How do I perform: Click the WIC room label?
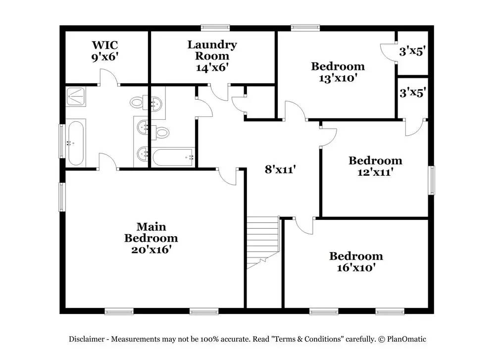point(105,45)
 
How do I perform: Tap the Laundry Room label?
point(212,50)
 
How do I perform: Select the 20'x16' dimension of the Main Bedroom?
point(151,250)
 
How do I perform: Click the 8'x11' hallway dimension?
point(280,169)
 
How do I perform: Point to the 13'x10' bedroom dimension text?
point(338,78)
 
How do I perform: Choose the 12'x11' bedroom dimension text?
point(375,172)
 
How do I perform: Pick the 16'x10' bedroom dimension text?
point(356,268)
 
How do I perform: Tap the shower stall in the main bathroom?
point(76,97)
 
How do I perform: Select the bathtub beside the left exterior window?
point(75,143)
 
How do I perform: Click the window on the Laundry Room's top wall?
point(215,28)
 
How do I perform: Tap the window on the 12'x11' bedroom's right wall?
point(431,180)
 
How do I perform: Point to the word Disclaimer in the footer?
point(87,339)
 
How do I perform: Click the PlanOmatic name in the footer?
point(406,339)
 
